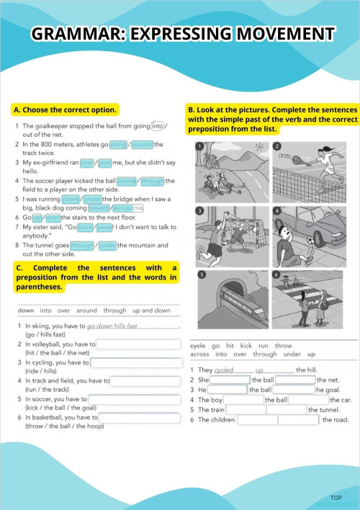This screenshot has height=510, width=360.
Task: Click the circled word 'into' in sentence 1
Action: pyautogui.click(x=158, y=125)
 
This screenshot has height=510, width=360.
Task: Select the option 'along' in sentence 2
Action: pyautogui.click(x=118, y=144)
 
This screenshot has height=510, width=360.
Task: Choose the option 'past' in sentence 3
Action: pyautogui.click(x=105, y=163)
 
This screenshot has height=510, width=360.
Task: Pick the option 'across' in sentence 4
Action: pyautogui.click(x=126, y=182)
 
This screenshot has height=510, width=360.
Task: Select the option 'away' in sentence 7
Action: pyautogui.click(x=105, y=227)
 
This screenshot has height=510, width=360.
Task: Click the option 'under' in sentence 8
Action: pyautogui.click(x=108, y=246)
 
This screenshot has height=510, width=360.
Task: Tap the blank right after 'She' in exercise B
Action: pyautogui.click(x=230, y=380)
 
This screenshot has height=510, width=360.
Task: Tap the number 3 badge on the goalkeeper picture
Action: pyautogui.click(x=201, y=211)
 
